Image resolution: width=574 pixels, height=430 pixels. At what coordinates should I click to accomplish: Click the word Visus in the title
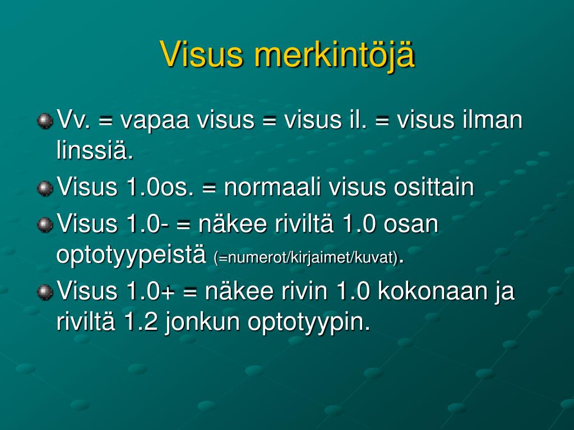pos(202,54)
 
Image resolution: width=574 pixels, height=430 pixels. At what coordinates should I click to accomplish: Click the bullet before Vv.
pos(45,121)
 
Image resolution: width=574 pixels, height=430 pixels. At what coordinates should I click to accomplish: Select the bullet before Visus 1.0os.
pos(45,188)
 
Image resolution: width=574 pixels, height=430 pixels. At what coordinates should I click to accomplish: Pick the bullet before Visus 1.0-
pos(45,225)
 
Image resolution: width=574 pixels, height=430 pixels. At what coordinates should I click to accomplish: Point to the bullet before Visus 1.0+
pos(45,292)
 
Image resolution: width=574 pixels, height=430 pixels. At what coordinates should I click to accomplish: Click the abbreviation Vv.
pos(73,120)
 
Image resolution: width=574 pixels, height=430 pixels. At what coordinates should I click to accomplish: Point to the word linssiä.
pos(95,150)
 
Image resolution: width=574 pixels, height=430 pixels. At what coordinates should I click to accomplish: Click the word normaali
pos(272,187)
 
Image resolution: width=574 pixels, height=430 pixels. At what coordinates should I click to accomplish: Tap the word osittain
pos(434,187)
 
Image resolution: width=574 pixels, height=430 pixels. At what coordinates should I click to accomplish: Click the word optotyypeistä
pos(131,256)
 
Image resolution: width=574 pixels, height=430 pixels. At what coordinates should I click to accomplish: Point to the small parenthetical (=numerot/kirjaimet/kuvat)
pos(305,258)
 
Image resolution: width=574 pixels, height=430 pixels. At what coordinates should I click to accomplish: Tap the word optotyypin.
pos(309,323)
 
